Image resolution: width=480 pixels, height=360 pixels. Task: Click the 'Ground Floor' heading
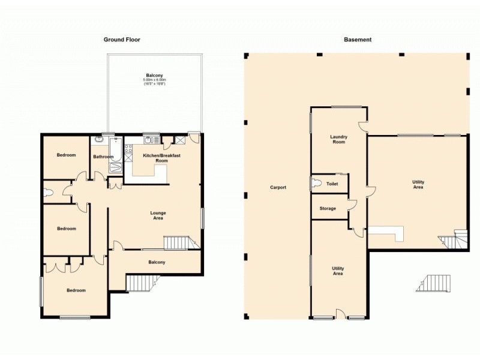coord(122,40)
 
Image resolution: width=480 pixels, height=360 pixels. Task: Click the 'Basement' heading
coord(358,40)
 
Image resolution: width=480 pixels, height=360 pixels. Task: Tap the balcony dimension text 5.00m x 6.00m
coord(154,80)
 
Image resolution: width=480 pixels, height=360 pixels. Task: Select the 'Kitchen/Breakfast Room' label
coord(161,158)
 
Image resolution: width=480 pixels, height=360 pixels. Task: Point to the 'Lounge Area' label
coord(158,215)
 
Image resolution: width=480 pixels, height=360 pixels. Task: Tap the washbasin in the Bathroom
coord(99,140)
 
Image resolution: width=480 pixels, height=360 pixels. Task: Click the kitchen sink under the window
coord(151,140)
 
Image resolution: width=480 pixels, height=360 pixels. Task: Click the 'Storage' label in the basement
coord(328,208)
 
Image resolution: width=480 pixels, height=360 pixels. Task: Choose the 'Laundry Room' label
coord(338,139)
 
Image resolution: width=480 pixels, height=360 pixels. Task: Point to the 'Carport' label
coord(278,187)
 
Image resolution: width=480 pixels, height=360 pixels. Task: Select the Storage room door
coord(353,205)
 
